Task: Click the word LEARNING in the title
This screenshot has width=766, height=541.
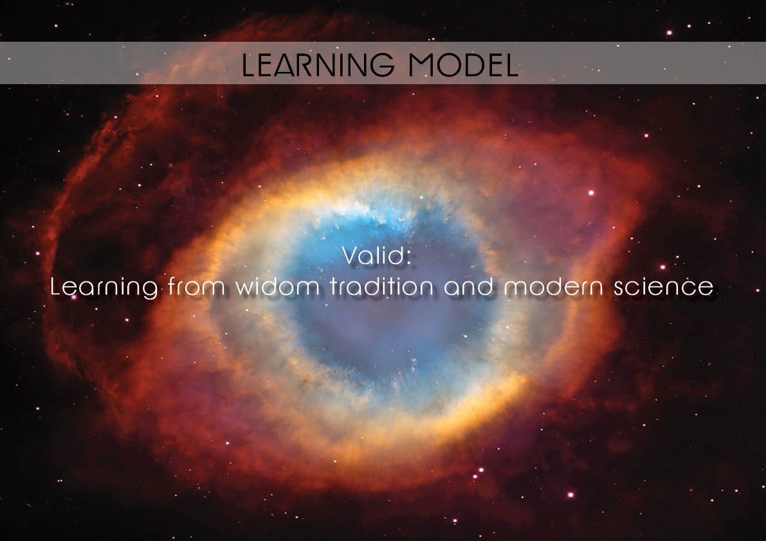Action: click(318, 64)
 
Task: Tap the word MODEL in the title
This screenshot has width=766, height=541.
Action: click(464, 64)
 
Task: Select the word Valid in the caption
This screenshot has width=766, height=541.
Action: click(374, 255)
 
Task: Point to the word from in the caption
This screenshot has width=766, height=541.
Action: click(196, 286)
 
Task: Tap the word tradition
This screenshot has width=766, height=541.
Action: click(381, 286)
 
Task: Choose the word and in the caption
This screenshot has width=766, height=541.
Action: click(468, 286)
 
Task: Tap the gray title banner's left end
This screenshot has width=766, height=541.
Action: click(1, 63)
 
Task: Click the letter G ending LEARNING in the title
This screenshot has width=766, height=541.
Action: click(383, 64)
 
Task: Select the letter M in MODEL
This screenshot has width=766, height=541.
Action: click(422, 64)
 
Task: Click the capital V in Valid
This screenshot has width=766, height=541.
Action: click(351, 255)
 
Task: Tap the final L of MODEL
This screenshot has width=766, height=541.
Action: click(512, 64)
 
